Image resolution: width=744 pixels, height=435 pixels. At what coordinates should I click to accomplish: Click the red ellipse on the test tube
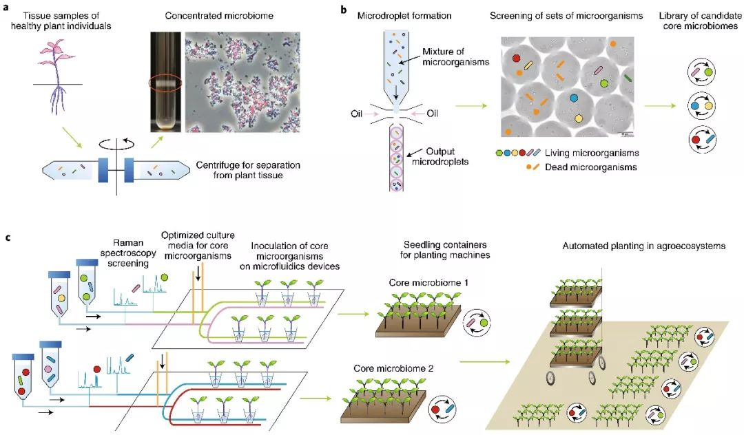(165, 87)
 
